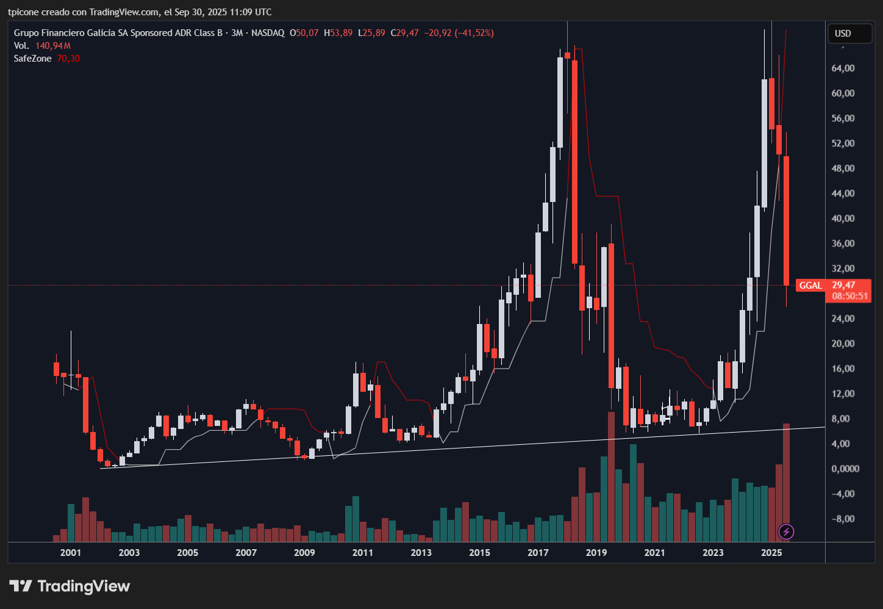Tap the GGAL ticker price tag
coord(810,286)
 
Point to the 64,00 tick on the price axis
coord(843,68)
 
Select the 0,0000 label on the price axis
coord(845,469)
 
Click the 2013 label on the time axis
coord(421,553)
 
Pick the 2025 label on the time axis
coord(771,553)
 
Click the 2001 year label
coord(71,553)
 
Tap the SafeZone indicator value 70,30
coord(68,59)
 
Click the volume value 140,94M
coord(53,46)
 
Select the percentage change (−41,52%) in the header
coord(474,33)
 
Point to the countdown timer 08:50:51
coord(849,296)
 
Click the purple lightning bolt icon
coord(786,532)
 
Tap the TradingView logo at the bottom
coord(70,586)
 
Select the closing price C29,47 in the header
coord(405,33)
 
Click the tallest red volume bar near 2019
coord(611,476)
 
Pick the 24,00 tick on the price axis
coord(843,319)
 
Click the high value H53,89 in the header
coord(338,33)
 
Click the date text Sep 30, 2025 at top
coord(197,12)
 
